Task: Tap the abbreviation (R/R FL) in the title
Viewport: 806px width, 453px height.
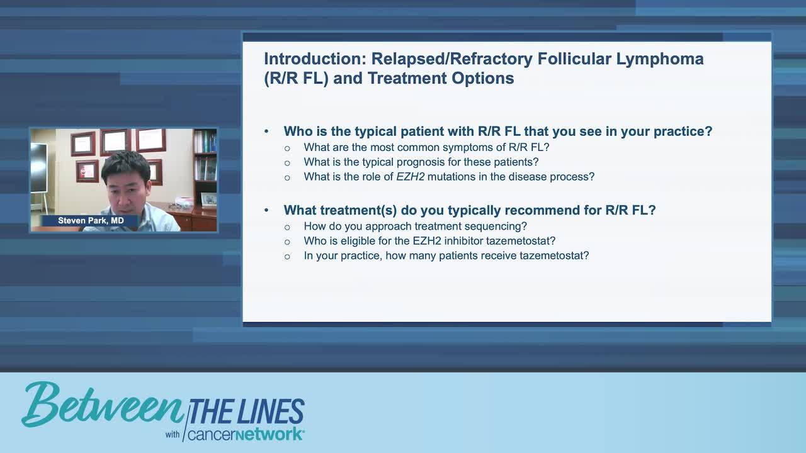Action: pos(296,79)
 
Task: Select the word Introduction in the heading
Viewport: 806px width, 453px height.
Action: pos(313,59)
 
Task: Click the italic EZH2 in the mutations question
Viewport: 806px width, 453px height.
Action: pos(410,177)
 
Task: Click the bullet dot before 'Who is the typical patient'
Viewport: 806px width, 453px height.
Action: pos(266,132)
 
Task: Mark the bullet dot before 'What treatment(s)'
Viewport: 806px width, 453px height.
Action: pos(266,211)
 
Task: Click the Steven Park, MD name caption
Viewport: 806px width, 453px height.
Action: pos(91,221)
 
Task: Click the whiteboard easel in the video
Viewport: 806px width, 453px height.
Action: pos(38,173)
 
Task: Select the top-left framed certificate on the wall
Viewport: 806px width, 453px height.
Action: pos(83,143)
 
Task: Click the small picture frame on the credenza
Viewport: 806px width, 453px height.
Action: pos(208,199)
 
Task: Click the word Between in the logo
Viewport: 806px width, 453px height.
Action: pos(101,406)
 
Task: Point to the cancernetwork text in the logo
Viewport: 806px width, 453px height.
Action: pos(246,435)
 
